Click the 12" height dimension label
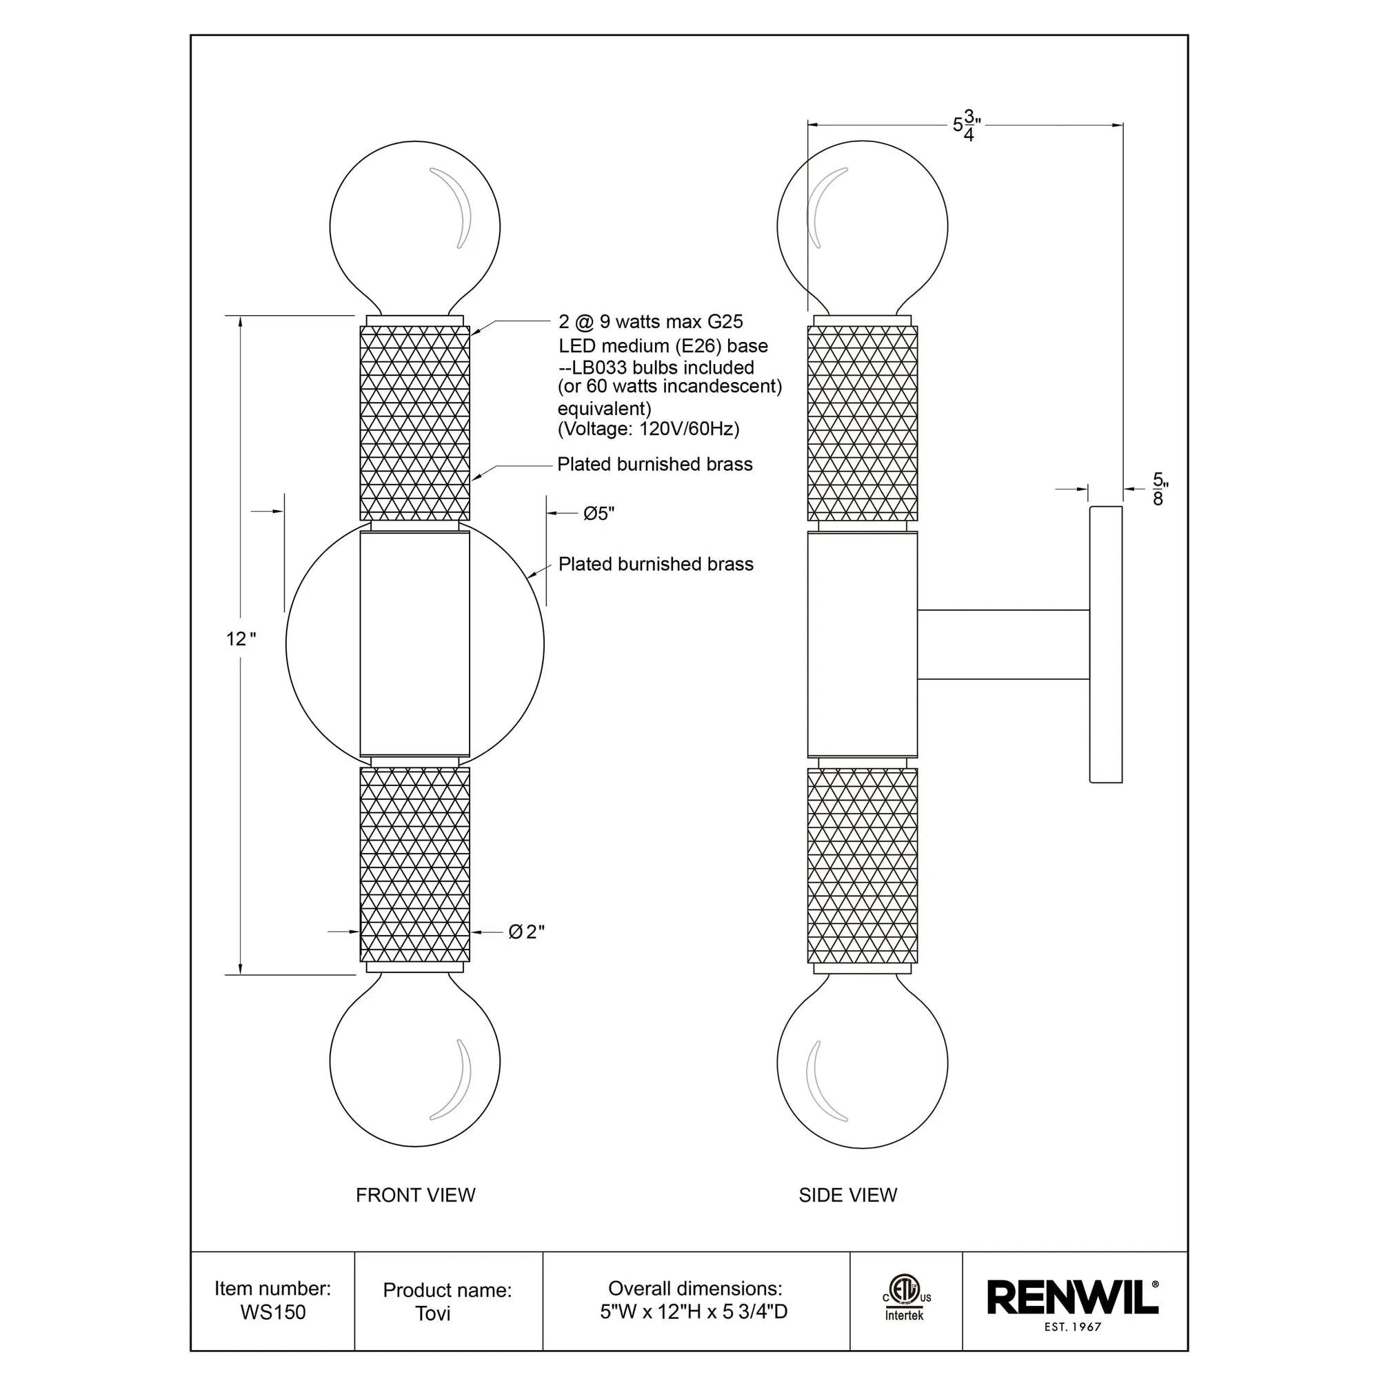click(x=241, y=639)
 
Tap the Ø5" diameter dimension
click(x=598, y=514)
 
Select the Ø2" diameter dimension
click(x=526, y=932)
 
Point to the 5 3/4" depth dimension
click(x=967, y=125)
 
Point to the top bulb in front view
click(x=414, y=227)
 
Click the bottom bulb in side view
click(x=863, y=1062)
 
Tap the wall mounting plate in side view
click(x=1106, y=645)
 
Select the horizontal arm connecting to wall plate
click(x=1003, y=645)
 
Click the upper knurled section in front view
click(x=414, y=423)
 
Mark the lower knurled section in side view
click(x=863, y=865)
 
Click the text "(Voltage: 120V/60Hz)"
click(x=648, y=429)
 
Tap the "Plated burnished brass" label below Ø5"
click(x=655, y=565)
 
